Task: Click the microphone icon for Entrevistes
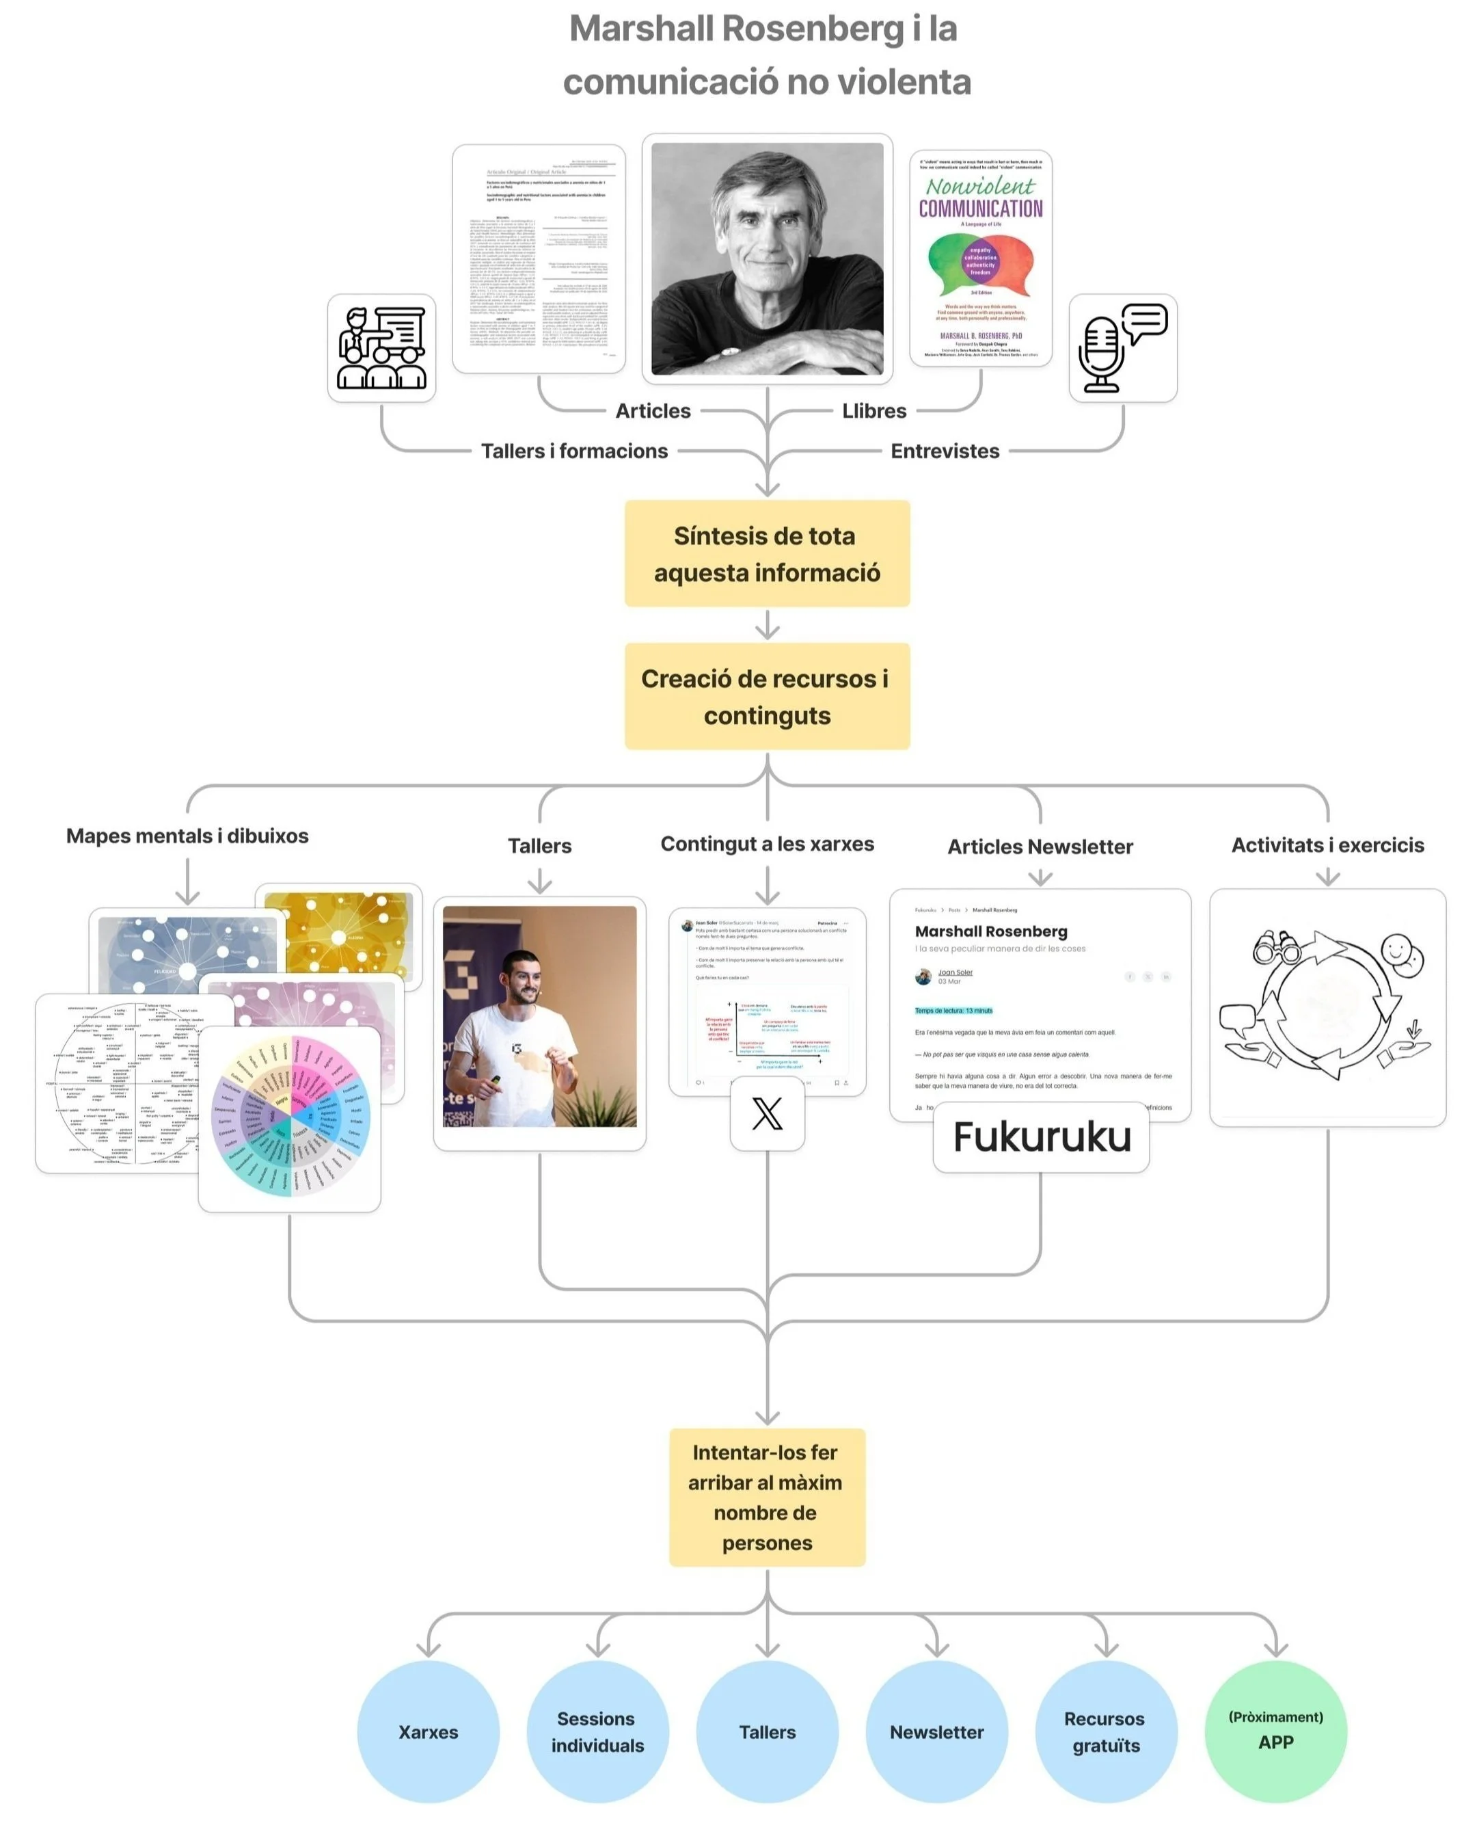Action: click(1122, 348)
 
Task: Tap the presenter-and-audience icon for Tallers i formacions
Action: click(381, 348)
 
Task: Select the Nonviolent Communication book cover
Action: click(980, 258)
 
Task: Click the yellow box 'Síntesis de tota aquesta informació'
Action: click(767, 553)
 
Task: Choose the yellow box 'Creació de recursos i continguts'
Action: click(767, 696)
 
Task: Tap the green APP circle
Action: click(1275, 1731)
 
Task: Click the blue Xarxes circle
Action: click(428, 1731)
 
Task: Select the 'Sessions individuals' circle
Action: click(597, 1731)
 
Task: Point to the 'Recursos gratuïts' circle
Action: click(1105, 1731)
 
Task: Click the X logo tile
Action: click(767, 1113)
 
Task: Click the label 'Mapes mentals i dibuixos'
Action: click(187, 836)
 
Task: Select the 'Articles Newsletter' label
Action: click(1040, 846)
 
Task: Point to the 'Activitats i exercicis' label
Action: click(1327, 845)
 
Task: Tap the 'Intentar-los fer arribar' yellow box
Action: click(767, 1497)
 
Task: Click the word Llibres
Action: click(873, 410)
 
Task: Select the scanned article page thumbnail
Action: click(539, 258)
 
